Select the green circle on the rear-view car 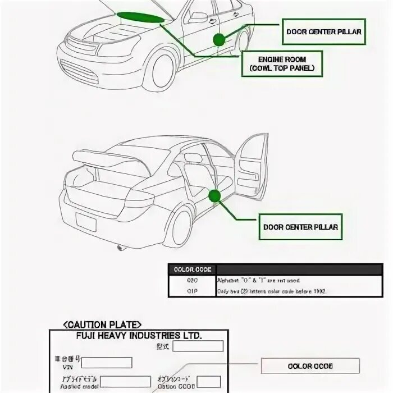click(x=214, y=195)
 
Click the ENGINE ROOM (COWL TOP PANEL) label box click(x=282, y=63)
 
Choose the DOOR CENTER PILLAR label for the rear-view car click(x=301, y=227)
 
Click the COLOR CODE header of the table click(x=193, y=269)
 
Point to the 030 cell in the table click(x=193, y=280)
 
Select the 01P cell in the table click(x=193, y=291)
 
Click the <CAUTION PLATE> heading click(x=103, y=325)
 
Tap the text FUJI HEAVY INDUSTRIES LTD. click(x=138, y=335)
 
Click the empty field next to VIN click(x=111, y=363)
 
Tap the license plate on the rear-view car click(x=86, y=221)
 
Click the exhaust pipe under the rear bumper click(x=121, y=247)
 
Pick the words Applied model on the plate click(x=71, y=387)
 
